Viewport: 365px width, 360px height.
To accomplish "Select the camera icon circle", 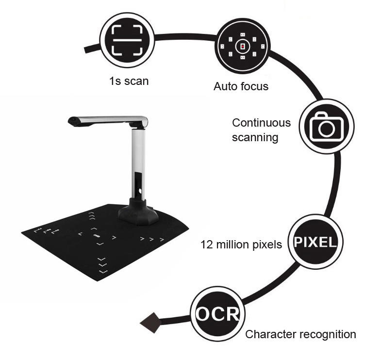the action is pyautogui.click(x=322, y=126).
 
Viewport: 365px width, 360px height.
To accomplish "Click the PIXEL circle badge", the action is pyautogui.click(x=315, y=241).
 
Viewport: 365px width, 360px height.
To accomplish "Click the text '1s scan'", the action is pyautogui.click(x=129, y=81).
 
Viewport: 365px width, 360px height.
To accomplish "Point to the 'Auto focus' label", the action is pyautogui.click(x=241, y=87).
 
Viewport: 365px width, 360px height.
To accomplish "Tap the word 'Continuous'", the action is pyautogui.click(x=261, y=123).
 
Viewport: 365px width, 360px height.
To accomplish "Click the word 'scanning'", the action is pyautogui.click(x=255, y=137).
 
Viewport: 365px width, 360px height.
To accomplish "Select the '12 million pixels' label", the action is pyautogui.click(x=241, y=245).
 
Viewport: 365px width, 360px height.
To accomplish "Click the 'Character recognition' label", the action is pyautogui.click(x=300, y=334).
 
